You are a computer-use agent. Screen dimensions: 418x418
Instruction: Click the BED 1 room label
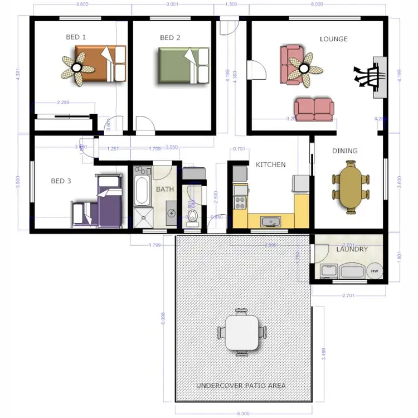coord(76,37)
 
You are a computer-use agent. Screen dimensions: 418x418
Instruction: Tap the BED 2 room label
coord(170,38)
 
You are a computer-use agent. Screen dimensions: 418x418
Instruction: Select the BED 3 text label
coord(61,181)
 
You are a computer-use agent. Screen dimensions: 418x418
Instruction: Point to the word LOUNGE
coord(333,39)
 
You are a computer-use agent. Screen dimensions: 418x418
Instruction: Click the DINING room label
coord(344,151)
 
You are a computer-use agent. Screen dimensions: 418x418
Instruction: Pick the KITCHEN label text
coord(270,164)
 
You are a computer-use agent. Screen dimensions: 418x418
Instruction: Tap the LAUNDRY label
coord(352,249)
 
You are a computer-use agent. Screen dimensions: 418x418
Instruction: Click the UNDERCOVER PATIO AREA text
coord(241,386)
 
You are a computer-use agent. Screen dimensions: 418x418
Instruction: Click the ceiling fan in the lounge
coord(304,69)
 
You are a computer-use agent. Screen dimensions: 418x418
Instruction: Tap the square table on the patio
coord(242,332)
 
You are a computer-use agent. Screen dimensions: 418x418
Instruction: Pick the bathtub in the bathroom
coord(142,188)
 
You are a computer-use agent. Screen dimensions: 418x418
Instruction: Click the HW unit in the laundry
coord(374,271)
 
